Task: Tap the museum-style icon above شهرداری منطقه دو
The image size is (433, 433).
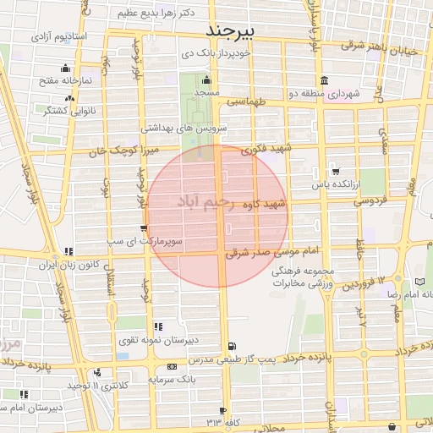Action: pyautogui.click(x=373, y=81)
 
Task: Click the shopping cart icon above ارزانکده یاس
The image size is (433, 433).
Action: pyautogui.click(x=336, y=169)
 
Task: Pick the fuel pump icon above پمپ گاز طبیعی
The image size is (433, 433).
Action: pyautogui.click(x=233, y=345)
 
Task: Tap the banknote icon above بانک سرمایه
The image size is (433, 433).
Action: pyautogui.click(x=173, y=366)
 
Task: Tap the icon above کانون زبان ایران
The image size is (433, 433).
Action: pyautogui.click(x=67, y=251)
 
